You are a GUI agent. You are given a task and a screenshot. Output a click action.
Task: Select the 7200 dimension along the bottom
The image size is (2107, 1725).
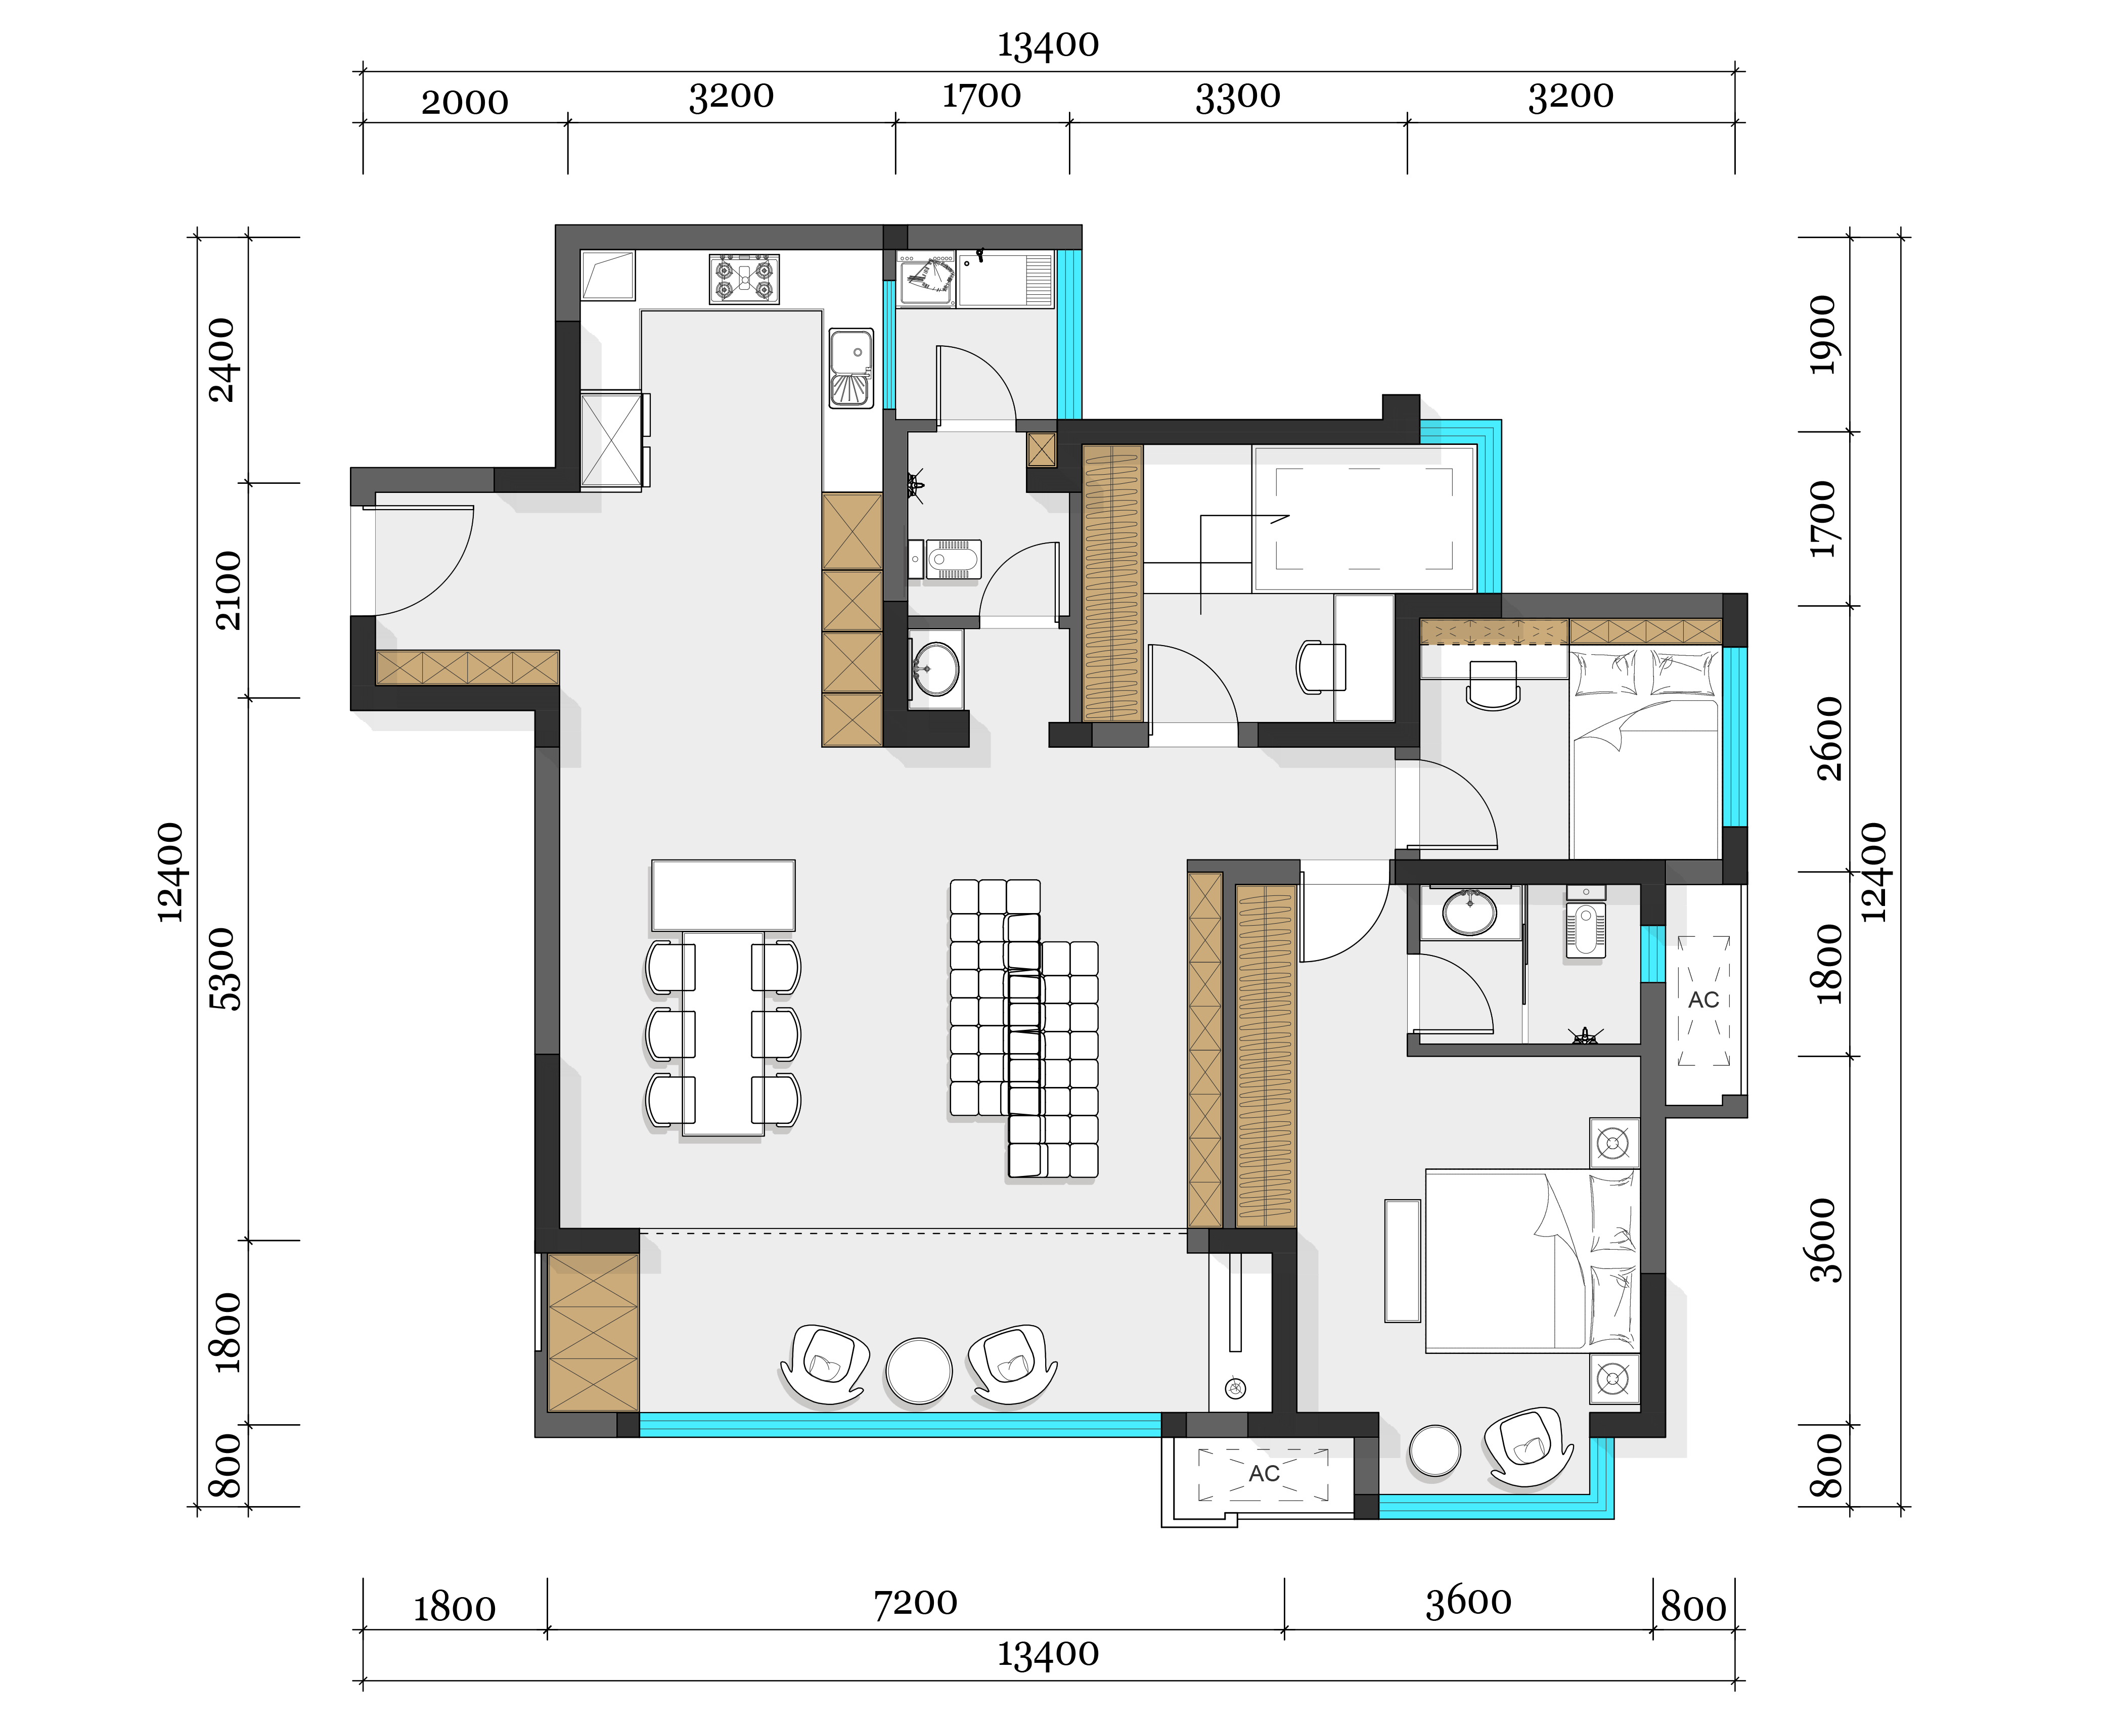point(915,1603)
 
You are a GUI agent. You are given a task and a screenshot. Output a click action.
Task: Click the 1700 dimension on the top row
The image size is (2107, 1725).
point(981,97)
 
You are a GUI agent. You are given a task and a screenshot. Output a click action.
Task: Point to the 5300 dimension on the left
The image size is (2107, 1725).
point(228,969)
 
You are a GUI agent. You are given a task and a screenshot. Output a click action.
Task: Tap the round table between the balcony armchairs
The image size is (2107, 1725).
point(919,1371)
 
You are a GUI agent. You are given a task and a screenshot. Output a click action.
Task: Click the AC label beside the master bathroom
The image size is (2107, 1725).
point(1703,1000)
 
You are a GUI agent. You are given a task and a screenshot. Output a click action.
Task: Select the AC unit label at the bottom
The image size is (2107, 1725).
point(1264,1474)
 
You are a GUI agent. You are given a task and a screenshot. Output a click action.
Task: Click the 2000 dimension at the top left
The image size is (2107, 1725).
point(465,102)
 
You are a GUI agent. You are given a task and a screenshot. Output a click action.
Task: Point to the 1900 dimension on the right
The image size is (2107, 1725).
point(1824,335)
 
